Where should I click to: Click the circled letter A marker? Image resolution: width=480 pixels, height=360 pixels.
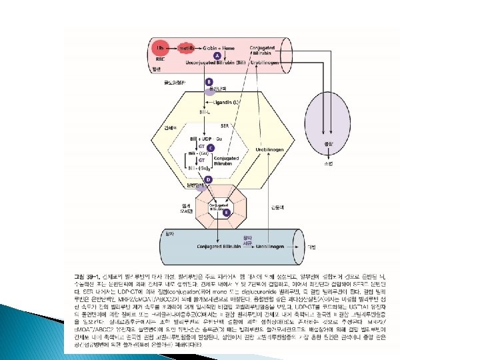coord(208,55)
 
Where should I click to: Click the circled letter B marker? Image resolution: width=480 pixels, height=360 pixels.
coord(209,81)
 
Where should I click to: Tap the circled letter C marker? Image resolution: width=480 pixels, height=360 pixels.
coord(211,147)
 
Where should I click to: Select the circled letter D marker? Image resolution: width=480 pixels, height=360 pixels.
coord(209,180)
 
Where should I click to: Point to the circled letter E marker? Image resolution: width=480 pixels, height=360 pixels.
coord(226,212)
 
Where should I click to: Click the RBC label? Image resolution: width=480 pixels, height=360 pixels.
coord(159,59)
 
